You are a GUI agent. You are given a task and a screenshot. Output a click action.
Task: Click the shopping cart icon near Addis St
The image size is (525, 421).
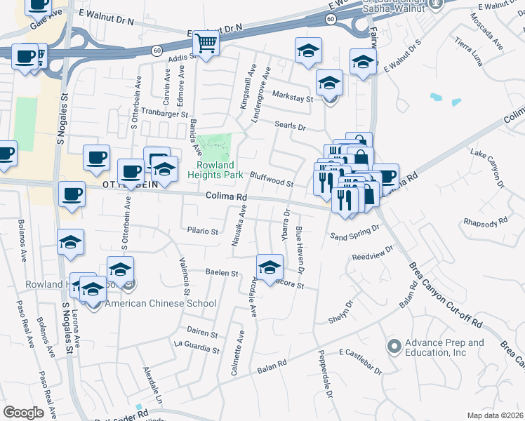tap(206, 44)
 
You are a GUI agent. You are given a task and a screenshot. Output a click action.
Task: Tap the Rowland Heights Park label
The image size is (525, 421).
tap(219, 169)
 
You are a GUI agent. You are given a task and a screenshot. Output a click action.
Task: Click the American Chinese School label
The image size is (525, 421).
tap(160, 303)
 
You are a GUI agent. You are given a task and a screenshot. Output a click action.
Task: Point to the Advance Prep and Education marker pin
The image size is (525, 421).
tap(394, 346)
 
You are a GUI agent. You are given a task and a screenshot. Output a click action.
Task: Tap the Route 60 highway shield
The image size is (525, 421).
tap(156, 50)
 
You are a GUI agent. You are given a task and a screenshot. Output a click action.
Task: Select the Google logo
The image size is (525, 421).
tap(23, 412)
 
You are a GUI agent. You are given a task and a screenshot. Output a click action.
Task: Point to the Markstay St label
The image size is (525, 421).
tap(291, 98)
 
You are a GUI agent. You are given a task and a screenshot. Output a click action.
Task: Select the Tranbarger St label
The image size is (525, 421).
tap(165, 113)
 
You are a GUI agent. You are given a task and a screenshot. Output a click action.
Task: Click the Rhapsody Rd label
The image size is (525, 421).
tap(485, 222)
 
